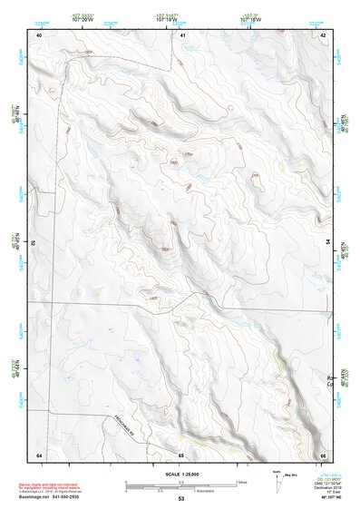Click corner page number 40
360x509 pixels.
[x=39, y=34]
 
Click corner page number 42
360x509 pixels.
[x=324, y=34]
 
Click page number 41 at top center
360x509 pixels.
[x=182, y=34]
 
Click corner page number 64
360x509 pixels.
[x=39, y=454]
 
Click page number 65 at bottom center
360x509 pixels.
[x=180, y=454]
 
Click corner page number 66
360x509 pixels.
[x=324, y=454]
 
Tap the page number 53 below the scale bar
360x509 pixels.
[x=180, y=498]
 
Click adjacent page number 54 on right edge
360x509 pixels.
[x=327, y=243]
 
